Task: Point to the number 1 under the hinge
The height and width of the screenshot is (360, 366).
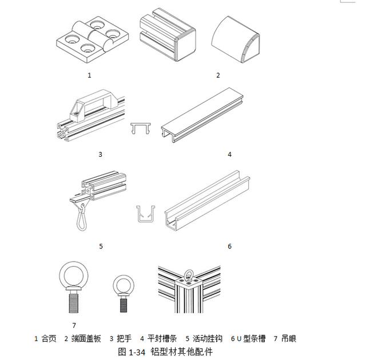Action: pos(89,75)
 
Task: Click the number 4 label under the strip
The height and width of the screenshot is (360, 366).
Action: pos(229,155)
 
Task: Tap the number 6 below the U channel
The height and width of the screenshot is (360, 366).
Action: pos(229,246)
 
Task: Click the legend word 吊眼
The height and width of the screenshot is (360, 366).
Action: pos(288,339)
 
